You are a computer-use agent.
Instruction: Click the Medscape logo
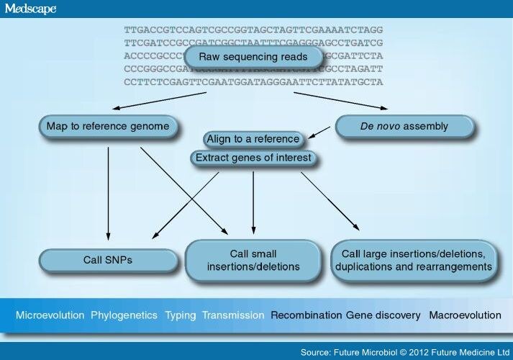[x=30, y=9]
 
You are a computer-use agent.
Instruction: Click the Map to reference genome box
[x=107, y=127]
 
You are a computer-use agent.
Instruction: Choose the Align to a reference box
[x=252, y=139]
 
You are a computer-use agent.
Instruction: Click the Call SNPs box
[x=108, y=260]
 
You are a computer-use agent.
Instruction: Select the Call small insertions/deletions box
[x=253, y=260]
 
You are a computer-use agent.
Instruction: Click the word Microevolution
[x=50, y=315]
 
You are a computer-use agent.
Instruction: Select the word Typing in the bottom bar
[x=180, y=315]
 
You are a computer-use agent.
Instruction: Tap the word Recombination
[x=306, y=315]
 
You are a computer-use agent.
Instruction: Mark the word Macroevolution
[x=465, y=315]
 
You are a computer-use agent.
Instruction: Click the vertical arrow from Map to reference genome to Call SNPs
[x=108, y=191]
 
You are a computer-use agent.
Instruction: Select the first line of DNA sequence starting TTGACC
[x=253, y=30]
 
